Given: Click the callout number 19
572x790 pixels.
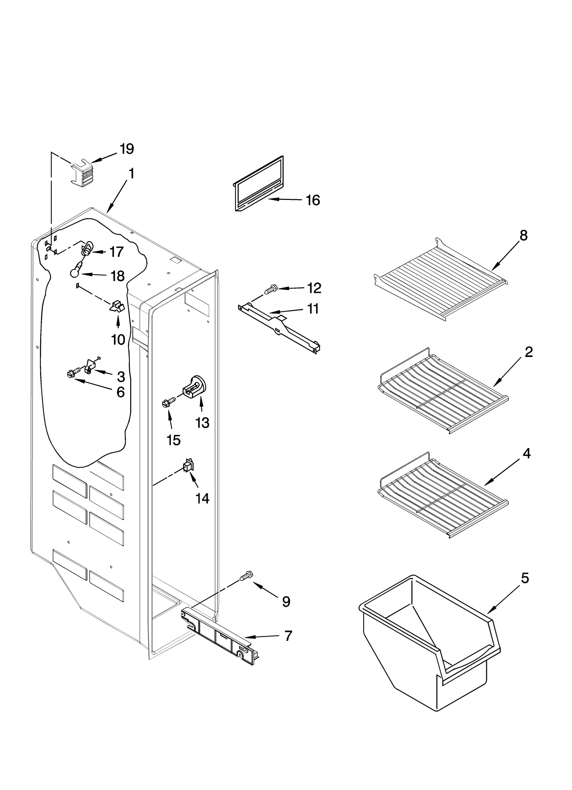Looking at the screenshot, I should (127, 148).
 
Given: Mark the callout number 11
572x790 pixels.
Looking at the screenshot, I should (313, 309).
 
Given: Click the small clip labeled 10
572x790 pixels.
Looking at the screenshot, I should (117, 306).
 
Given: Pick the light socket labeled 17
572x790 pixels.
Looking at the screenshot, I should (87, 247).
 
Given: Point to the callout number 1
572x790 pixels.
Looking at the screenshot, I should (131, 174).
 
